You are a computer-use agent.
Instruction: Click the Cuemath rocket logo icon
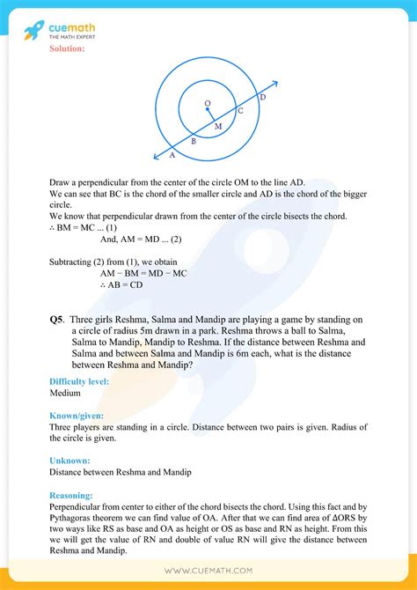34,31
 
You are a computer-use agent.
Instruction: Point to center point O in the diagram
208,104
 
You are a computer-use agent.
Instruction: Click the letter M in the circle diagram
218,127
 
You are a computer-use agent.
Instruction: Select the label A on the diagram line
172,155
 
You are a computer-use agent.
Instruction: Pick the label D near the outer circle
262,98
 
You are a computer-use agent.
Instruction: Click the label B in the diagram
194,141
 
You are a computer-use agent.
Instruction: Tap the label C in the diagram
240,112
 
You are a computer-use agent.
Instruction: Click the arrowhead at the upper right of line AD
275,85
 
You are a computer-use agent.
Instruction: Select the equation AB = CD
121,284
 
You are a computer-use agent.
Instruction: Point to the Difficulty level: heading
79,381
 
